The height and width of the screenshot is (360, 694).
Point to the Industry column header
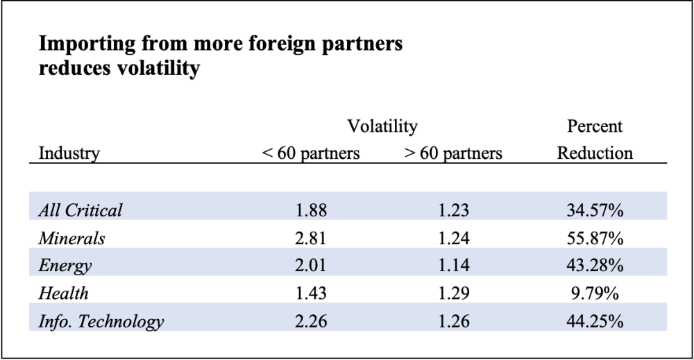[69, 153]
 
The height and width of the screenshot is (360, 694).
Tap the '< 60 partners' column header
[311, 153]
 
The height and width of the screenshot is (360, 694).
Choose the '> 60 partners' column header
[453, 153]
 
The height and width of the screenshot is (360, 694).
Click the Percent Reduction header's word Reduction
[595, 153]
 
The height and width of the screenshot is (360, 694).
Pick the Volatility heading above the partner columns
[382, 126]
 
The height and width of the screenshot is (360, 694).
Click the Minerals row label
[72, 239]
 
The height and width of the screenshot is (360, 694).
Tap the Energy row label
[65, 266]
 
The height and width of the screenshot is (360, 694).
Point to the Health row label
[64, 293]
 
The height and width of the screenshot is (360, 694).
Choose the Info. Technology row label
[101, 321]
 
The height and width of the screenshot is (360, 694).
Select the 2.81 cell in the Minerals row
[311, 239]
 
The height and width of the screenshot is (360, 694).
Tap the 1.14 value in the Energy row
[453, 266]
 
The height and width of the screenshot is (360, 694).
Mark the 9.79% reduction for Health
[595, 293]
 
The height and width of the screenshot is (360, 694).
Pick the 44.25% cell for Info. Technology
[595, 321]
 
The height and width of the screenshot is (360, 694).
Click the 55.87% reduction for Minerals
[595, 239]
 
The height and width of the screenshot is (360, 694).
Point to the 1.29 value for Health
[453, 293]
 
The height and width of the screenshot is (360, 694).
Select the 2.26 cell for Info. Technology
[311, 321]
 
